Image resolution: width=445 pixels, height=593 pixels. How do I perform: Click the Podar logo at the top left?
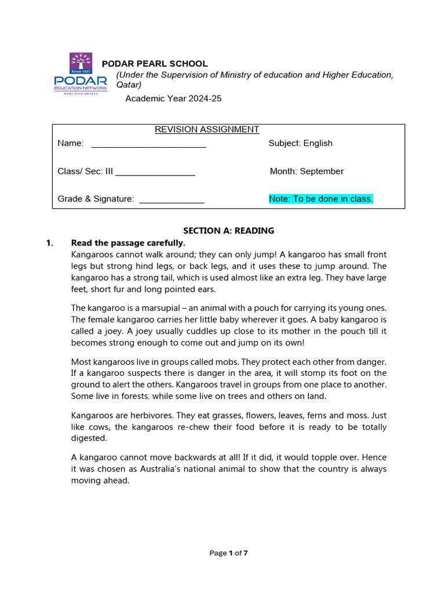coord(80,74)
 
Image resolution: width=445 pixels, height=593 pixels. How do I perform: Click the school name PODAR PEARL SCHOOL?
coord(155,64)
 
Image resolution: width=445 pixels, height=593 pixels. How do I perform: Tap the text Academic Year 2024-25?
coord(174,98)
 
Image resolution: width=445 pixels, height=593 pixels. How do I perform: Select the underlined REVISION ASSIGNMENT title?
coord(207,129)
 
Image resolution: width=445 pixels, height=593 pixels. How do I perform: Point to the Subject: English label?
coord(300,143)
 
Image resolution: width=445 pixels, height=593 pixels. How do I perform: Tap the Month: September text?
coord(307,171)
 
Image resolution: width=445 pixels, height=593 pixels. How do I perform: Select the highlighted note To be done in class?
coord(320,199)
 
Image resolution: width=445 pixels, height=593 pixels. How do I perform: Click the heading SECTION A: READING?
coord(229,230)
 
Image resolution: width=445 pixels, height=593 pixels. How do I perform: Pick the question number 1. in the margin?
coord(50,243)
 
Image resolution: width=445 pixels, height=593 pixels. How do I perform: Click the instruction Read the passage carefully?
coord(127,243)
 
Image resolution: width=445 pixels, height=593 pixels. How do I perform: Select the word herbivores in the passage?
coord(144,415)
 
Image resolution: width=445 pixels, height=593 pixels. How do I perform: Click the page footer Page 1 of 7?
coord(228,553)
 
